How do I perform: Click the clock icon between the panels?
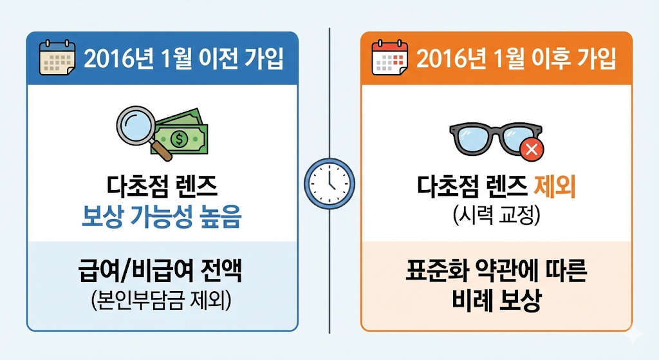pyautogui.click(x=329, y=183)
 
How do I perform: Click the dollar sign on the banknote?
pyautogui.click(x=181, y=137)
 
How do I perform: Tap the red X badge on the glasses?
pyautogui.click(x=532, y=150)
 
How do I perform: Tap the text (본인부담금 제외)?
pyautogui.click(x=161, y=300)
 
